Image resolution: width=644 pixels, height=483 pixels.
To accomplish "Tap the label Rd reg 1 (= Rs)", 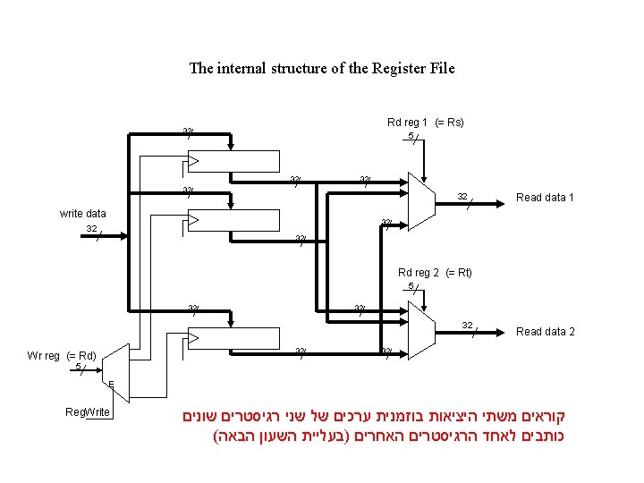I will [x=425, y=123].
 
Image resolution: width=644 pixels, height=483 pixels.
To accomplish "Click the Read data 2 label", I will [x=545, y=332].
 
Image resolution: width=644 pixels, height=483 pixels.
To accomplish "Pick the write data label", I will [x=82, y=214].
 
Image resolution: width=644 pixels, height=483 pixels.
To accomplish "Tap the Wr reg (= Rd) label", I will [x=62, y=355].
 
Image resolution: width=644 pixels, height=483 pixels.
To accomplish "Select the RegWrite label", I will [x=88, y=411].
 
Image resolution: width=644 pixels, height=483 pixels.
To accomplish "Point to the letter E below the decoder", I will [x=111, y=386].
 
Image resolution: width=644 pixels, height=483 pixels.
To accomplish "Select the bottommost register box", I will [x=232, y=336].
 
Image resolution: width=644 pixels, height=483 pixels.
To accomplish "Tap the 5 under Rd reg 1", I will [x=411, y=136].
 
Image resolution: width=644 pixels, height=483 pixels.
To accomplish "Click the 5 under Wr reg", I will [x=79, y=366].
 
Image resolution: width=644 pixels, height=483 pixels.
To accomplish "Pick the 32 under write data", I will [x=91, y=229].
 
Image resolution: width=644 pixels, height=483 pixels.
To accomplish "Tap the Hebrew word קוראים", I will [x=554, y=416].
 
